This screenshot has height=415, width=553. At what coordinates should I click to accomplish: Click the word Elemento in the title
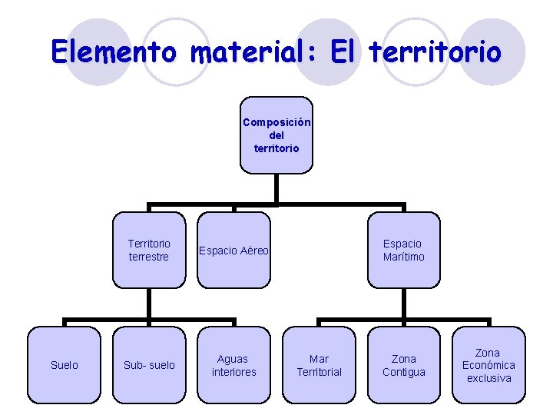tap(113, 52)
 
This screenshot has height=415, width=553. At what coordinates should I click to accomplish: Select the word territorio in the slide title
tap(435, 52)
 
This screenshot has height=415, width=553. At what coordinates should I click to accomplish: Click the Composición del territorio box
tap(276, 134)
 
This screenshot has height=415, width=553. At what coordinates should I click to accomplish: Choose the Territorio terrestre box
tap(149, 250)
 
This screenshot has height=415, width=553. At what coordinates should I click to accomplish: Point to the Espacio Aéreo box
tap(234, 250)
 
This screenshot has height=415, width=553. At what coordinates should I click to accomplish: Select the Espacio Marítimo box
tap(403, 250)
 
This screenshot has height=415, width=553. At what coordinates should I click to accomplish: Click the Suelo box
tap(64, 365)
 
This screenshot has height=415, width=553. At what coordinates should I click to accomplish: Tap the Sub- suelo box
tap(149, 365)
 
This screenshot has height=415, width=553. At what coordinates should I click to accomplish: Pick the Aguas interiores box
tap(234, 365)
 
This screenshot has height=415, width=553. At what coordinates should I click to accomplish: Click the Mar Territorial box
tap(319, 365)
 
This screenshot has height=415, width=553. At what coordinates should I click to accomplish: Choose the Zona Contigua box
tap(403, 365)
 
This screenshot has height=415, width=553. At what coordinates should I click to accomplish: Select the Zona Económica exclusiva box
tap(488, 365)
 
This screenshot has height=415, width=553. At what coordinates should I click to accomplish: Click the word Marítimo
tap(403, 257)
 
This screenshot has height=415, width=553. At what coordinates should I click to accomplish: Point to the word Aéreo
tap(253, 251)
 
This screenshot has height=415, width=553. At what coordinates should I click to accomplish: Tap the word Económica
tap(488, 365)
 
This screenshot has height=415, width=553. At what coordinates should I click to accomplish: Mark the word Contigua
tap(403, 372)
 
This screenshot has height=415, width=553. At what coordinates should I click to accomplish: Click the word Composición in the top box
tap(276, 122)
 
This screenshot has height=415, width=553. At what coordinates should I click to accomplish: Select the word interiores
tap(234, 372)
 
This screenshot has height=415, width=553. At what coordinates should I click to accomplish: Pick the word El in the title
tap(345, 52)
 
